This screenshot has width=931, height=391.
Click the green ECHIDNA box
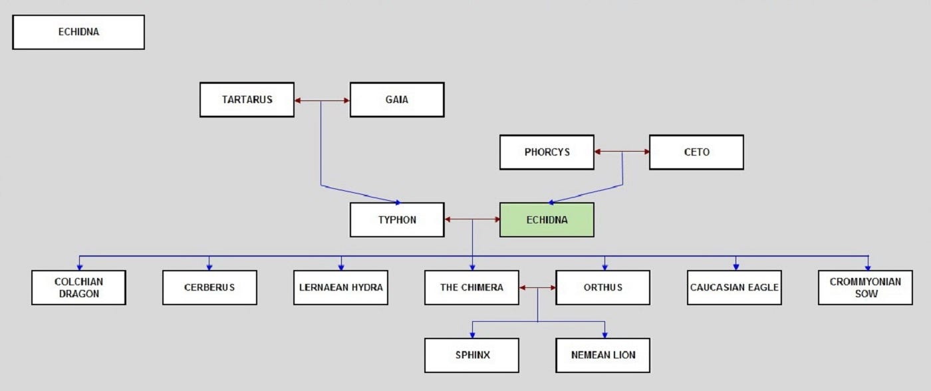[x=547, y=220]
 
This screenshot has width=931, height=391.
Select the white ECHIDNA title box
[x=78, y=32]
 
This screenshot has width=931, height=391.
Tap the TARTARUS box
[x=247, y=100]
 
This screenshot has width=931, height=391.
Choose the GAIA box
[x=397, y=100]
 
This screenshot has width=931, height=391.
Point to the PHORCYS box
[x=547, y=152]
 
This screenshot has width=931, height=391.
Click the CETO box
[x=697, y=152]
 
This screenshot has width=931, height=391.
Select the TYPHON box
[x=397, y=220]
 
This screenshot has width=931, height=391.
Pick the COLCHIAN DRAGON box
[x=78, y=287]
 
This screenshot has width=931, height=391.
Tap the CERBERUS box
[x=209, y=287]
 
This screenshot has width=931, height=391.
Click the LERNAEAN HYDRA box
[x=340, y=287]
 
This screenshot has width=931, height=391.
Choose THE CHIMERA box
[x=471, y=287]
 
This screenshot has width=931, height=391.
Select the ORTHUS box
[x=602, y=287]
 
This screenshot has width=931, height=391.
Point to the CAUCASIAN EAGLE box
[x=734, y=287]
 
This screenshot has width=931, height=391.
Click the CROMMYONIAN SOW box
[x=865, y=287]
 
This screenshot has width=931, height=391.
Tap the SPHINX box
[x=471, y=355]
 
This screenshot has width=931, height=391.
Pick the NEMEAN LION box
[x=602, y=355]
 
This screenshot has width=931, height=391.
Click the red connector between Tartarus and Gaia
[x=322, y=100]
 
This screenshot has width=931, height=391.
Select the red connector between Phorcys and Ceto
[x=622, y=152]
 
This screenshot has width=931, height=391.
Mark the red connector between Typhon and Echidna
[x=472, y=219]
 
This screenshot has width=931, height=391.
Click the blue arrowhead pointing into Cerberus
[x=209, y=267]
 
